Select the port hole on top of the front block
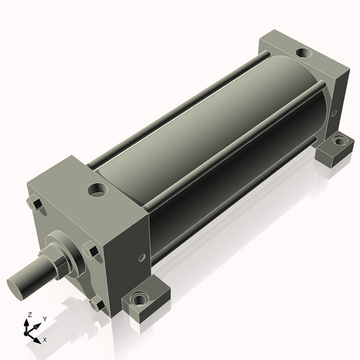96,191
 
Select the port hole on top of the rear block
303,52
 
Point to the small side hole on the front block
138,260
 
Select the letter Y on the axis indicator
44,318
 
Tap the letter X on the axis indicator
45,338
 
